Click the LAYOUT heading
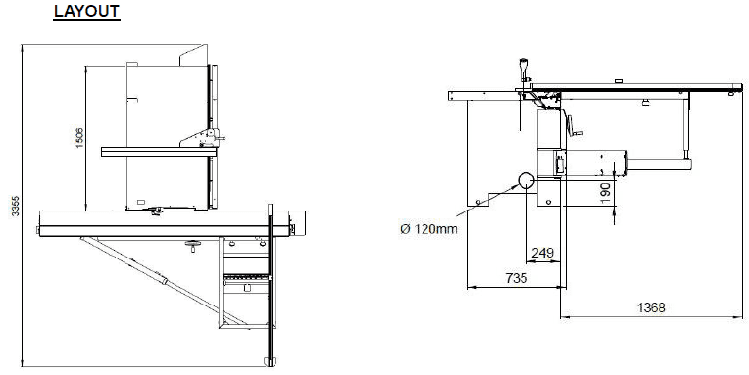coord(86,12)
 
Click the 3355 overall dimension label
coord(16,206)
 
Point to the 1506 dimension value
coord(79,137)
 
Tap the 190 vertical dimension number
coord(605,193)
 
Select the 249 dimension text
coord(543,253)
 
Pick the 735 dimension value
coord(516,278)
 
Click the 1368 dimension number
coord(651,307)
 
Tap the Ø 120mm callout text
coord(428,229)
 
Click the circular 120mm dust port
coord(526,180)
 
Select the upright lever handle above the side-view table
coord(524,70)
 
